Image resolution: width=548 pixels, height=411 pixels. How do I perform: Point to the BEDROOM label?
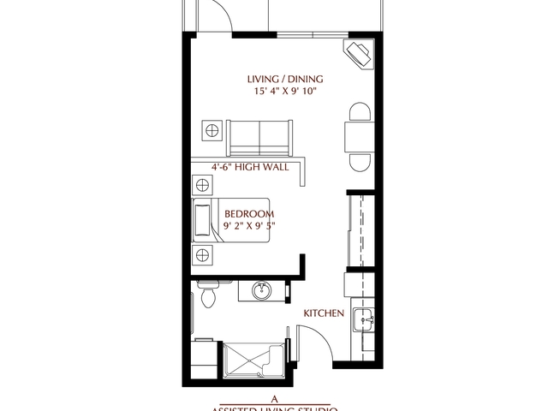[x=249, y=213]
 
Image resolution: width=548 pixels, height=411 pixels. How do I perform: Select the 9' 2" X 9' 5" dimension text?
[x=249, y=225]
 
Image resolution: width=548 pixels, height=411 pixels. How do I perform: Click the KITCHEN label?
[x=324, y=314]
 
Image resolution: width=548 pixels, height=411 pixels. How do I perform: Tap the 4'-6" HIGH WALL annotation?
[x=249, y=168]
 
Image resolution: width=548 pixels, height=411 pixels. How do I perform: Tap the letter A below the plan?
[x=274, y=399]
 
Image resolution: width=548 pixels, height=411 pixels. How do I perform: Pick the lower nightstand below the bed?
[x=204, y=254]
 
